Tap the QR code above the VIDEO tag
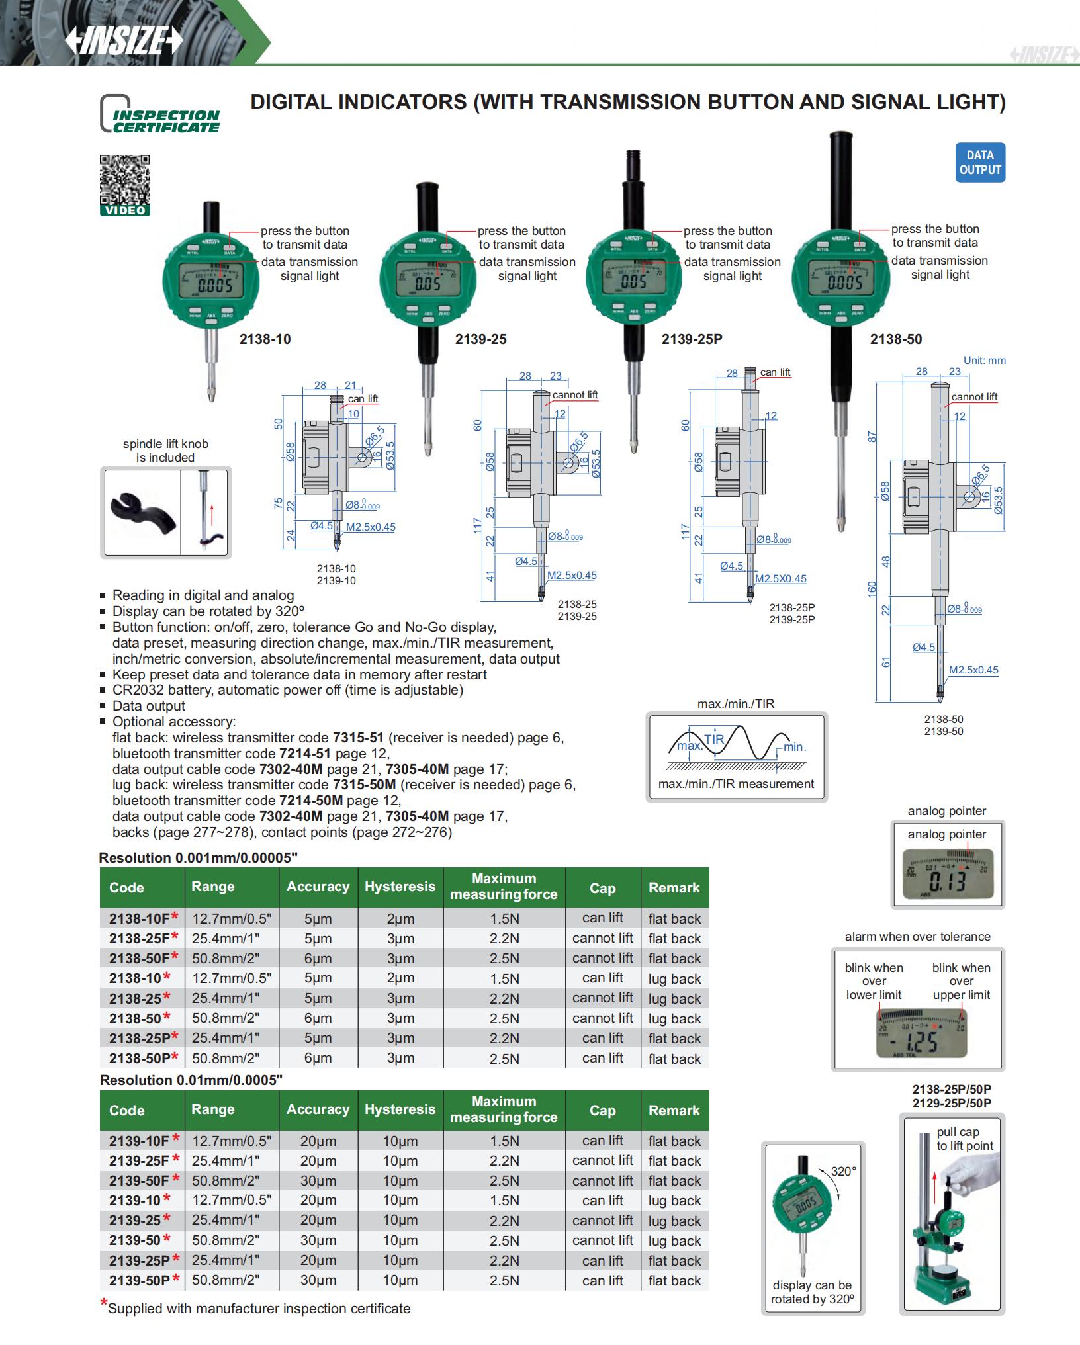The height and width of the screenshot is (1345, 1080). (125, 179)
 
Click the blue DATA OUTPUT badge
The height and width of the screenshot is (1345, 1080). (980, 163)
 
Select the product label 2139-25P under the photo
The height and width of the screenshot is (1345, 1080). (692, 339)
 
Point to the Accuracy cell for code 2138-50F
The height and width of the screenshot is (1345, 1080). (318, 959)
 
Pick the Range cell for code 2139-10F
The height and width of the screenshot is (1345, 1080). (232, 1141)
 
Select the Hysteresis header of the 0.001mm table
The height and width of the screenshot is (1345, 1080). (400, 887)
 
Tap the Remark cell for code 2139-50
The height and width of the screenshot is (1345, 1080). (674, 1240)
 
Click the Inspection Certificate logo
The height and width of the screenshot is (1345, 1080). (159, 114)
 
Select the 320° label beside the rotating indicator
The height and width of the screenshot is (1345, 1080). (844, 1170)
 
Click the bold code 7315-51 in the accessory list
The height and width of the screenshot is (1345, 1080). (358, 738)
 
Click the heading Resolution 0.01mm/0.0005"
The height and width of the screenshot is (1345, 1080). (191, 1080)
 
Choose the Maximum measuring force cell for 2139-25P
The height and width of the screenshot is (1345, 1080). (504, 1260)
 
